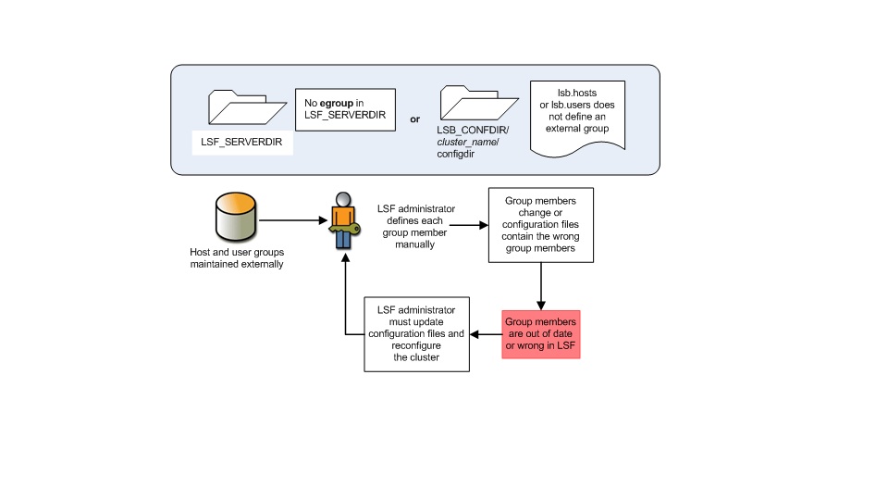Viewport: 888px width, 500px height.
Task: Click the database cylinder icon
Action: click(236, 217)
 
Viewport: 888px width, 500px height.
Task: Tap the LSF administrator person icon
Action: click(344, 221)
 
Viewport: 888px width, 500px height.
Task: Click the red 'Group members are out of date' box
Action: click(541, 334)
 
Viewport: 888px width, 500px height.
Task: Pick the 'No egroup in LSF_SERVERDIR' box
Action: click(345, 109)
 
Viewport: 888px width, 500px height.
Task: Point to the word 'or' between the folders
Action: click(415, 119)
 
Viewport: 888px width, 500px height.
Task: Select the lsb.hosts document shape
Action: click(577, 118)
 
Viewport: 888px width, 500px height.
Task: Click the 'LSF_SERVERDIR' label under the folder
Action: click(241, 142)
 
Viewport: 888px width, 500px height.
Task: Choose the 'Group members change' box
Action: click(541, 225)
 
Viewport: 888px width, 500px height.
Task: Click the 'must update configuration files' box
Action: click(417, 334)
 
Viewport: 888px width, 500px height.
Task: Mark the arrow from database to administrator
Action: click(293, 220)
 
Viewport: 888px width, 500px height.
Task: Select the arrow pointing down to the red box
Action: click(541, 286)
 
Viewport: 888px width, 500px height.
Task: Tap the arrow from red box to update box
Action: click(486, 334)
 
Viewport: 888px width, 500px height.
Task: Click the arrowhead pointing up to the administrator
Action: click(345, 257)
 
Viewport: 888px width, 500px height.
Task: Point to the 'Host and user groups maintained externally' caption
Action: click(237, 258)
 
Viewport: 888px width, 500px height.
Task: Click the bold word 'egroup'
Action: click(337, 103)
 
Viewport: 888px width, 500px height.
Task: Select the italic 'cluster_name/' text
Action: click(468, 142)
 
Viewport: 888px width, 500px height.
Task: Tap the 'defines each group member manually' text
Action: click(415, 232)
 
